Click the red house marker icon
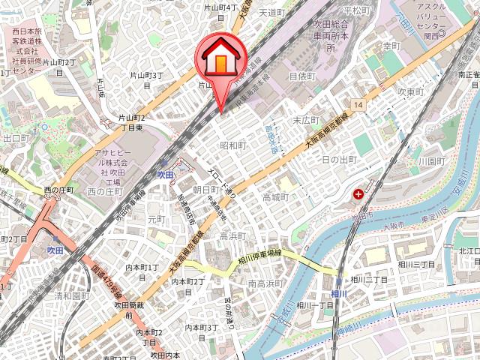coord(220,59)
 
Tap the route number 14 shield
coord(360,104)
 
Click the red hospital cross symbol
coord(358,194)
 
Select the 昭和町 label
coord(232,145)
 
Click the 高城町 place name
coord(276,196)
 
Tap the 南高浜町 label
coord(265,283)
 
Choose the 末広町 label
coord(307,120)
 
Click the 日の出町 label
coord(339,160)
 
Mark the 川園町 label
coord(432,160)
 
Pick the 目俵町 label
coord(303,75)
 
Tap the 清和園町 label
coord(71,295)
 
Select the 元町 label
coord(156,220)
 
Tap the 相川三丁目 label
coord(417,265)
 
